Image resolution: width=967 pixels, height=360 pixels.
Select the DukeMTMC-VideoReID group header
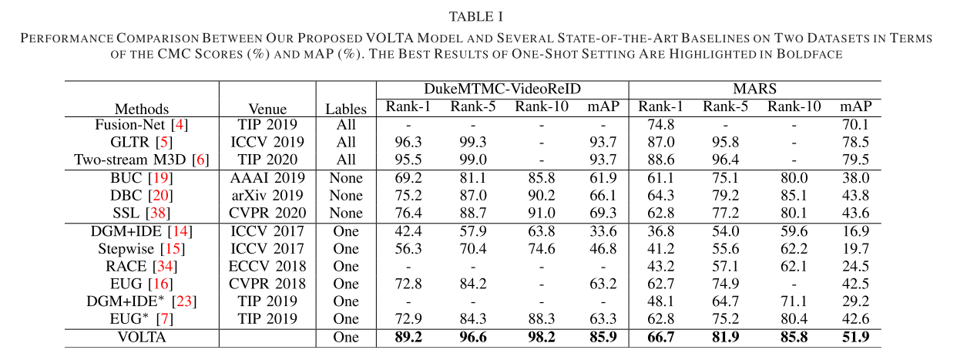pyautogui.click(x=502, y=89)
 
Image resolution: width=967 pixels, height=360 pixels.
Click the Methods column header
pyautogui.click(x=142, y=109)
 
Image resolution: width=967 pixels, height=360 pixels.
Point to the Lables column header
pyautogui.click(x=346, y=109)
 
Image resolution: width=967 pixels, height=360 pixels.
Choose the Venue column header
pyautogui.click(x=267, y=109)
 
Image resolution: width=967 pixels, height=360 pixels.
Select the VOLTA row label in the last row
pyautogui.click(x=142, y=337)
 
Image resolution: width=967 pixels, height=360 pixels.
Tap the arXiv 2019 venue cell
pyautogui.click(x=267, y=195)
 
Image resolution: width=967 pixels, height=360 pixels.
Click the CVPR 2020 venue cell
pyautogui.click(x=267, y=213)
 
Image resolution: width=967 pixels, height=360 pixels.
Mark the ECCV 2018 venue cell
pyautogui.click(x=267, y=266)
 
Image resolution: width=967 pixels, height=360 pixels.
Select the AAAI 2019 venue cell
pyautogui.click(x=267, y=177)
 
